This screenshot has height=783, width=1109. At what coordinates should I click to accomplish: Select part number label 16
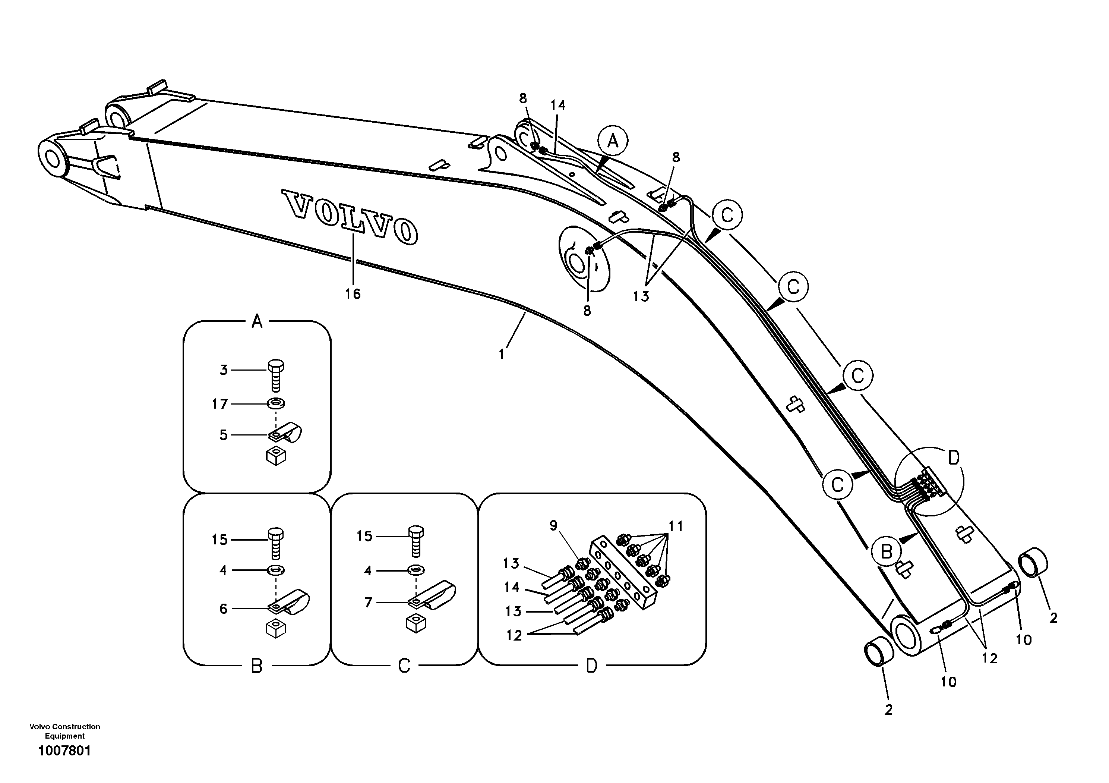(353, 294)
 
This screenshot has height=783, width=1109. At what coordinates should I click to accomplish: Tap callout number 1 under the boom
(502, 355)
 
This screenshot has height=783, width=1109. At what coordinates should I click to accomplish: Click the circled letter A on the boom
(613, 142)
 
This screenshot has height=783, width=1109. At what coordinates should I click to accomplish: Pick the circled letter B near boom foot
(886, 551)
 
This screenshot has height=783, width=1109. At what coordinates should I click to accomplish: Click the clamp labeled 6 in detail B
(290, 604)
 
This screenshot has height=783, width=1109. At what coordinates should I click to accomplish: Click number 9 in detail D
(553, 525)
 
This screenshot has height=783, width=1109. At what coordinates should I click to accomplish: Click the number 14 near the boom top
(558, 105)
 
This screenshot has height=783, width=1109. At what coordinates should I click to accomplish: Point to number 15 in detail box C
(365, 536)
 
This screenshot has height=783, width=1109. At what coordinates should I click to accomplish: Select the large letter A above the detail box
(257, 321)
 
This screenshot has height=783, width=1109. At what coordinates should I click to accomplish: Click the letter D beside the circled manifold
(954, 458)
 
